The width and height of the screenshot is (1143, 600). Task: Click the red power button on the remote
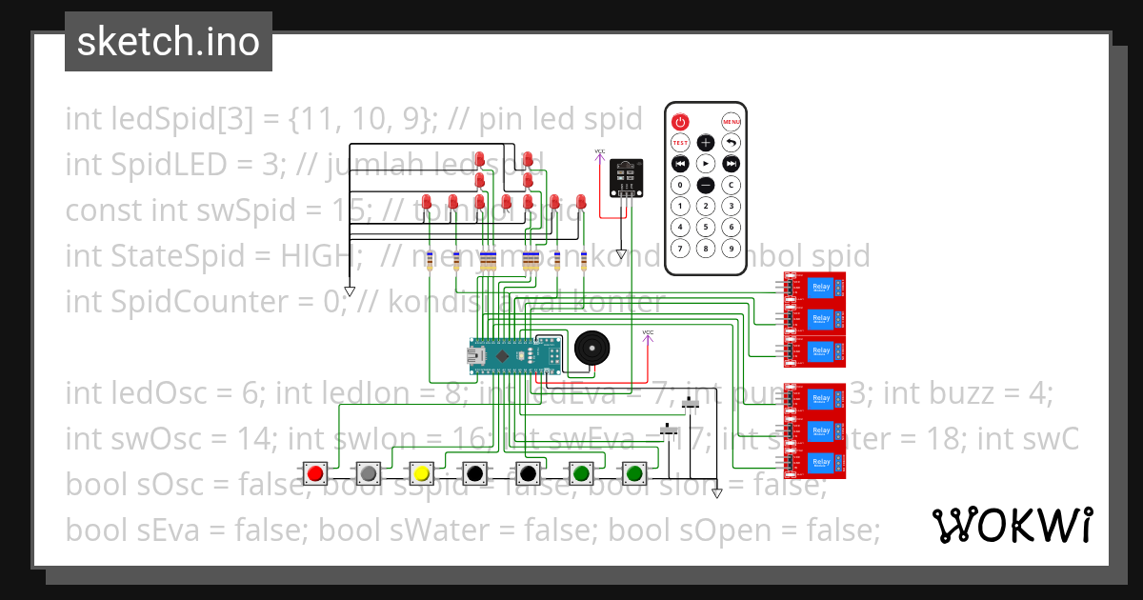coord(680,122)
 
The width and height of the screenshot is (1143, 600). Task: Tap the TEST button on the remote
coord(680,143)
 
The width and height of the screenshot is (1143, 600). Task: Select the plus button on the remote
coord(706,143)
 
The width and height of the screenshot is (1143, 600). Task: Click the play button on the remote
coord(706,164)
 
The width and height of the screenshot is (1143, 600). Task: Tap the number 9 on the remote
coord(732,248)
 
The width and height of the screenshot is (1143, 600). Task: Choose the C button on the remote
coord(732,185)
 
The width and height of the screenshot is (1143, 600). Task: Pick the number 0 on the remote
coord(680,185)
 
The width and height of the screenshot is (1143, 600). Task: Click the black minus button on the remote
coord(706,185)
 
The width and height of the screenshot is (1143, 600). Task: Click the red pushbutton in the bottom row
coord(315,471)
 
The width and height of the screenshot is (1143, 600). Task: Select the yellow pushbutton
coord(422,471)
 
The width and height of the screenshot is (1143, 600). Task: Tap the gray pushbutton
coord(369,471)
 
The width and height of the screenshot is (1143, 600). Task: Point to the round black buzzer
coord(591,349)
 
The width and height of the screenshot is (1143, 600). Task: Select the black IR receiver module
coord(625,178)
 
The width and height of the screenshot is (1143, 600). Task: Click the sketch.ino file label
coord(169,42)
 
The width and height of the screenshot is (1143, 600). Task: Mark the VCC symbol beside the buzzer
coord(649,333)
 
